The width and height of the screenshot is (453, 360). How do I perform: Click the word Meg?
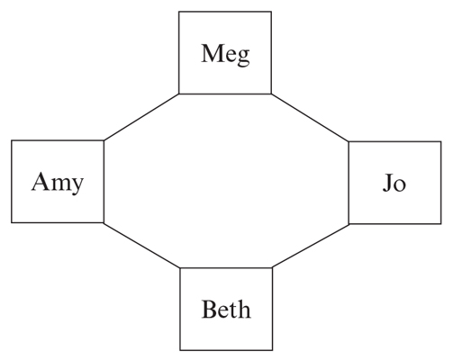tap(225, 54)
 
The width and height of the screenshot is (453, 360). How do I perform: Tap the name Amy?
tap(58, 183)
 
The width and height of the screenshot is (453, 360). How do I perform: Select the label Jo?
tap(394, 183)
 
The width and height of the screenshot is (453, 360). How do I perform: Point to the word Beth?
tap(226, 309)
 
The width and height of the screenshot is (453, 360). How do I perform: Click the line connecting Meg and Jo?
tap(310, 117)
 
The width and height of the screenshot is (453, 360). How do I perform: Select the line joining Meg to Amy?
tap(141, 117)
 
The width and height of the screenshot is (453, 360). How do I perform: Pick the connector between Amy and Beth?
tap(141, 245)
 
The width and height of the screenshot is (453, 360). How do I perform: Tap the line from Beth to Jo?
tap(311, 246)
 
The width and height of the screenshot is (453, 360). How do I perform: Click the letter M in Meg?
tap(212, 53)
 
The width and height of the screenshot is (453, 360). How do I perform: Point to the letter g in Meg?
tap(243, 58)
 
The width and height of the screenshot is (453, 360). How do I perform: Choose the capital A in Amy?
tap(41, 182)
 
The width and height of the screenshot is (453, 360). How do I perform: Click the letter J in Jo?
tap(387, 183)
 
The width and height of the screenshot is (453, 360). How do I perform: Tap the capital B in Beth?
tap(209, 310)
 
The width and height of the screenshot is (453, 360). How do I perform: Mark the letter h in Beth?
tap(244, 309)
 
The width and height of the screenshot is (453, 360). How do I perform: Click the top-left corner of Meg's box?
tap(179, 12)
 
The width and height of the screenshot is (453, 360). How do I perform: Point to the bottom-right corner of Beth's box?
tap(273, 350)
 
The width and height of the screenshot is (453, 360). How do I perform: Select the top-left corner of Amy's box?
tap(12, 140)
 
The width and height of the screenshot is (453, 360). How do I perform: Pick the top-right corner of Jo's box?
tap(441, 141)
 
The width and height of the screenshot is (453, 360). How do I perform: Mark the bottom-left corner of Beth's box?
tap(180, 350)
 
